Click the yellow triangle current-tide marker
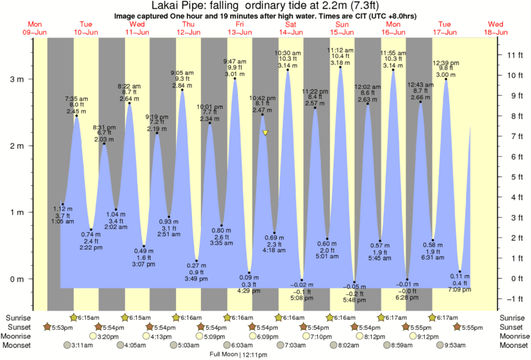[x=266, y=133]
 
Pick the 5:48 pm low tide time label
[x=355, y=298]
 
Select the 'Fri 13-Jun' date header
[x=239, y=27]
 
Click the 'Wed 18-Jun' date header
[x=496, y=27]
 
